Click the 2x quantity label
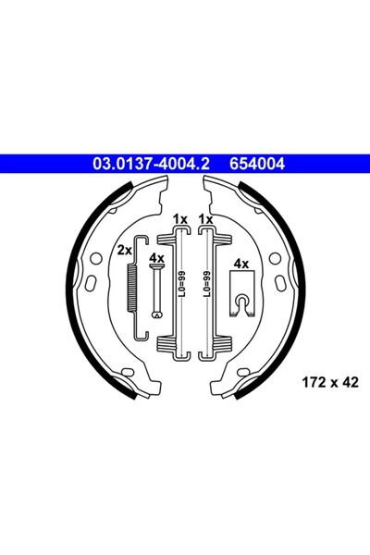point(124,251)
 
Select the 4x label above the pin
point(157,258)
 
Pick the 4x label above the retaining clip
point(241,264)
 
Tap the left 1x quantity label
point(179,219)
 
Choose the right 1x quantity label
point(205,219)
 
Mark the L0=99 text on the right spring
point(205,285)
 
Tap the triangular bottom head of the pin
point(157,314)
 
